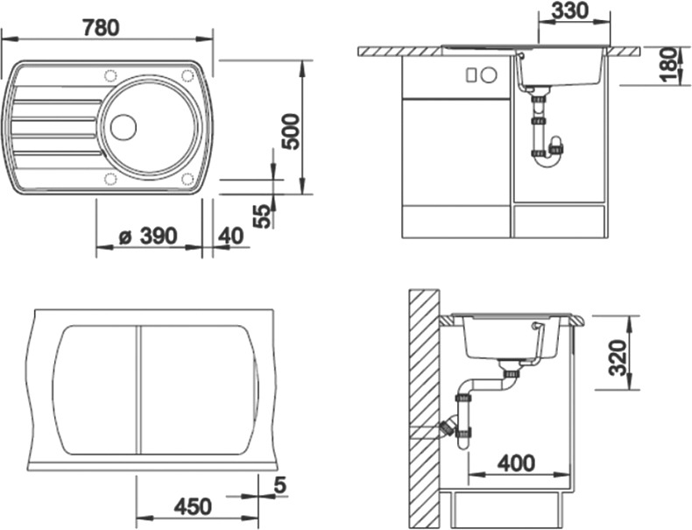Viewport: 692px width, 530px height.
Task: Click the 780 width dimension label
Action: [101, 28]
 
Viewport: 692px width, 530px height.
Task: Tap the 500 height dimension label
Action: [292, 131]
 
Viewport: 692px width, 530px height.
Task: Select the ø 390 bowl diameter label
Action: [148, 237]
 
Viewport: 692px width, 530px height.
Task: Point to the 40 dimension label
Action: [231, 237]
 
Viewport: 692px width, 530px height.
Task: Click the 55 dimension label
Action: [263, 216]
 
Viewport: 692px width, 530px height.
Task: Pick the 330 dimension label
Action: [570, 11]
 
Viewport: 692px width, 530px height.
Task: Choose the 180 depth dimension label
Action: [669, 65]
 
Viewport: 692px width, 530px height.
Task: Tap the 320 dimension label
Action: [618, 357]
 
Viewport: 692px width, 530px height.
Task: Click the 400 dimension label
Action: [516, 463]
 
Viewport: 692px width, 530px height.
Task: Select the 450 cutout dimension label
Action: [193, 507]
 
